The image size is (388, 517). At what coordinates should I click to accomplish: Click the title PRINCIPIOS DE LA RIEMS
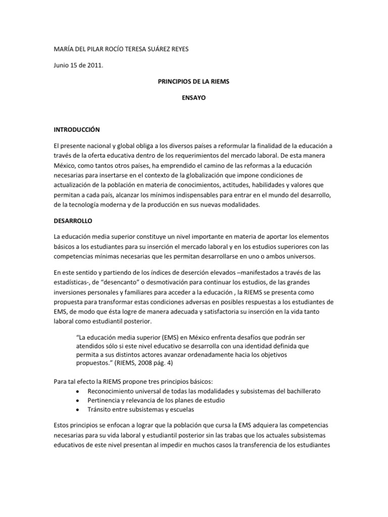(x=194, y=81)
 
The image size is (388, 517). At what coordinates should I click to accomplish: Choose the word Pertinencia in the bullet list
(x=104, y=400)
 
